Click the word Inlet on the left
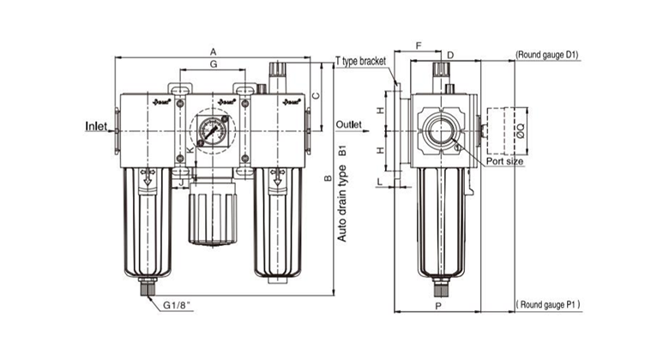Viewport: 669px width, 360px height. tap(97, 126)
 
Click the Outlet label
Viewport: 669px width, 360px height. tap(349, 123)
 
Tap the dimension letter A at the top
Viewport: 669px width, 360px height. tap(213, 52)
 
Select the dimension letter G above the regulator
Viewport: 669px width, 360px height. tap(213, 65)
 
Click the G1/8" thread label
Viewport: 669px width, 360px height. tap(174, 304)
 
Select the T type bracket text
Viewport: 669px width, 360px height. tap(359, 62)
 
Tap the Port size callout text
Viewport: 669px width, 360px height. tap(504, 160)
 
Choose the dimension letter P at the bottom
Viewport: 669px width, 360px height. tap(437, 306)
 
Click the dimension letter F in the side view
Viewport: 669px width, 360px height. tap(418, 45)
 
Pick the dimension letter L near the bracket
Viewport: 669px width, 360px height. tap(379, 181)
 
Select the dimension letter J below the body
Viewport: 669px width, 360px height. tap(182, 183)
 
